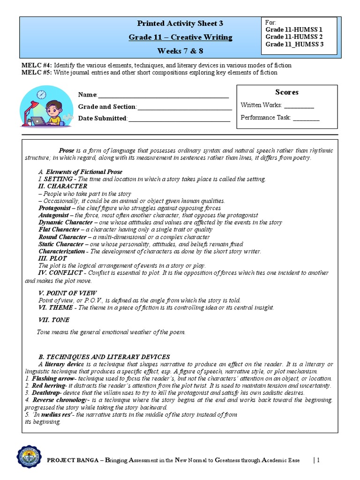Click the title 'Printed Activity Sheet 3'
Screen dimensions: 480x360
click(180, 23)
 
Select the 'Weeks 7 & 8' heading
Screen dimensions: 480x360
click(180, 51)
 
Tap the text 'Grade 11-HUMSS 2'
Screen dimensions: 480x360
click(294, 37)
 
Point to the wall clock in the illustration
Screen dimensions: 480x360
click(42, 95)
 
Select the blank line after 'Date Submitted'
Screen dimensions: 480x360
click(179, 119)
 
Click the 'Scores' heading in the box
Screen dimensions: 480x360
click(286, 92)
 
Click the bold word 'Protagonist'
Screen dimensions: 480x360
click(54, 208)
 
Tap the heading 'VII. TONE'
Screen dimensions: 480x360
click(53, 320)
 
